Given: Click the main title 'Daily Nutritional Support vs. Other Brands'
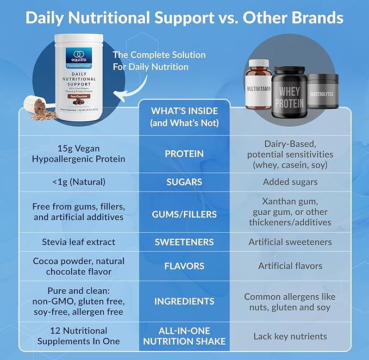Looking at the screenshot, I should pos(184,17).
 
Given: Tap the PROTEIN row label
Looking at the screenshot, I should pos(184,154).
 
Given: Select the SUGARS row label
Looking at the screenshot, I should pos(184,182).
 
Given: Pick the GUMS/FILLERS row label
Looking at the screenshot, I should pos(184,214).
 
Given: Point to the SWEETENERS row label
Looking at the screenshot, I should pos(184,242).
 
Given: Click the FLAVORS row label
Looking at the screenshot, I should pos(184,266).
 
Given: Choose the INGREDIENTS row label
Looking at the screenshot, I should pos(184,301).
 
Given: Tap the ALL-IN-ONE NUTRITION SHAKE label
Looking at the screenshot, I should pos(184,336).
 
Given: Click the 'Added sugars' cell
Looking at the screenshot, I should pos(290,182).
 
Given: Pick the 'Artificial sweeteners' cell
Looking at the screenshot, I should pos(290,242).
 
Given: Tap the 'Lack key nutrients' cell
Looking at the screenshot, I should pos(290,336).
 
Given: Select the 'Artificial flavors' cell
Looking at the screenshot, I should pos(290,266).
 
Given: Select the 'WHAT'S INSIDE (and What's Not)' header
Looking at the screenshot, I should pos(184,117).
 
